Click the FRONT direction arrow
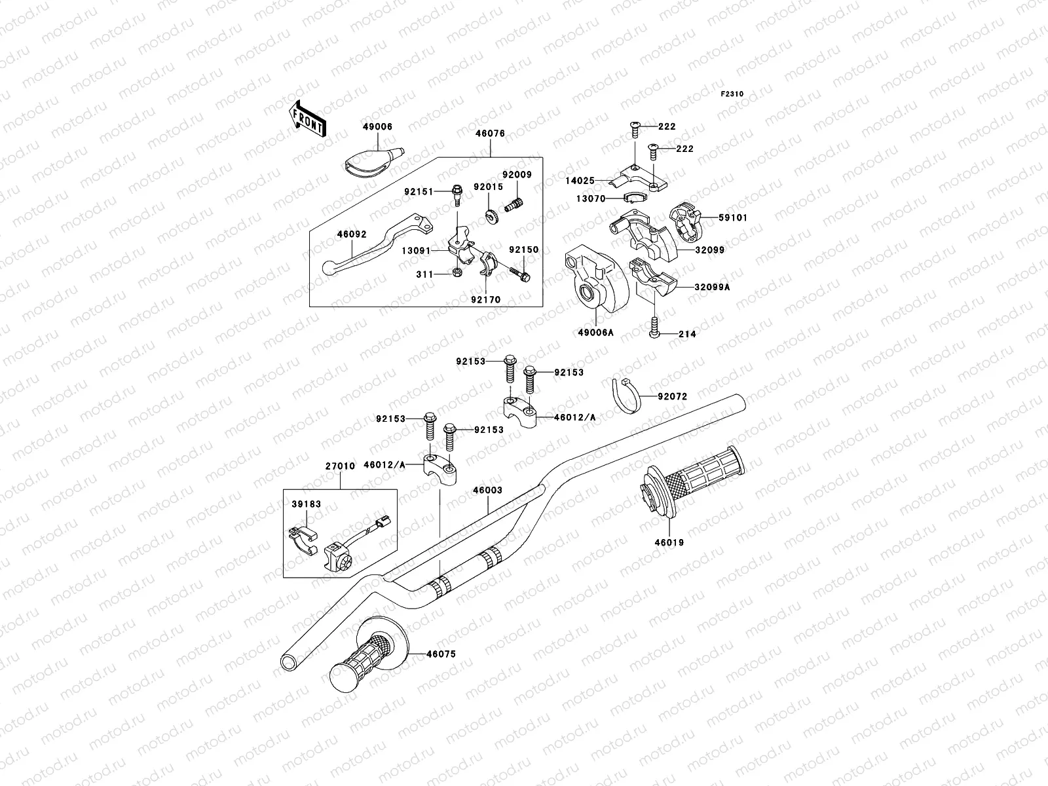pos(307,119)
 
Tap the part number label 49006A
pos(595,333)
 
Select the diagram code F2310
pos(732,94)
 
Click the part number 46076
pos(490,134)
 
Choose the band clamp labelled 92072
pos(626,395)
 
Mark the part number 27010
pos(340,466)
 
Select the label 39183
pos(306,504)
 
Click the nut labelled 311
pos(457,272)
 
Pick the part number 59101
pos(733,217)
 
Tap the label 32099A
pos(712,288)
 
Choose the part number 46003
pos(487,490)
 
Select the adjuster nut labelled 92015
pos(491,217)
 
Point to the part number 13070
pos(591,198)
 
